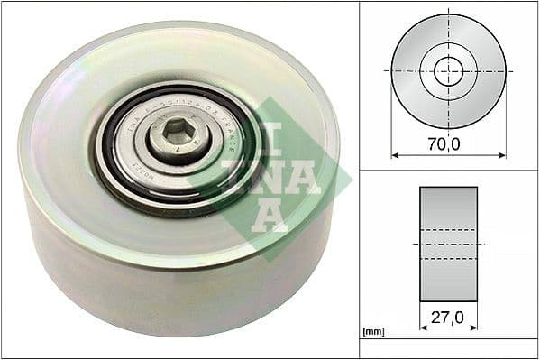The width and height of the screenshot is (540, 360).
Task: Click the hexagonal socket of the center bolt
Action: click(179, 137)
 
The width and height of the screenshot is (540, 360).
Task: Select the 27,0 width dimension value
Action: click(448, 318)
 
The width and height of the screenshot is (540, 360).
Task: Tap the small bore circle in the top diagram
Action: click(448, 70)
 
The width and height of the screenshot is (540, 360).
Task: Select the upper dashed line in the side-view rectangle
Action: click(448, 229)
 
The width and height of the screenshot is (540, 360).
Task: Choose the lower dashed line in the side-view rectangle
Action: click(448, 259)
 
